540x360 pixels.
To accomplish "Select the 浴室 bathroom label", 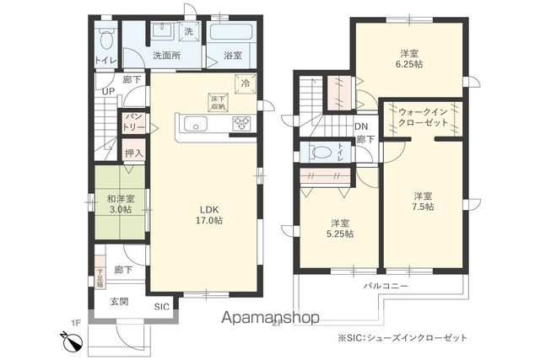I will [x=233, y=56].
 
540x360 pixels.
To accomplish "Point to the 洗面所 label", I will [x=164, y=56].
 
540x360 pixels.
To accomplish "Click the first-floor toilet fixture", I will [x=106, y=39].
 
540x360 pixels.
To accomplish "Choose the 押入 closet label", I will [x=133, y=153].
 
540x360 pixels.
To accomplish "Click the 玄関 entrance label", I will [x=118, y=301].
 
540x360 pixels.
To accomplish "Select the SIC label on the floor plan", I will [x=161, y=307].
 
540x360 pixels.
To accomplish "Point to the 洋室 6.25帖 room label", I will [x=411, y=58].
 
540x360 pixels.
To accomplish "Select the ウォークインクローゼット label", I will [x=423, y=116].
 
